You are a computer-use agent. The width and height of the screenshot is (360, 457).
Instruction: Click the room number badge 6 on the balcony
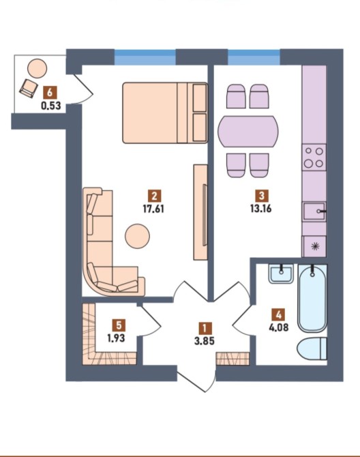pyautogui.click(x=50, y=93)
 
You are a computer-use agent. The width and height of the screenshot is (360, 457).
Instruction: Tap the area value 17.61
pyautogui.click(x=153, y=209)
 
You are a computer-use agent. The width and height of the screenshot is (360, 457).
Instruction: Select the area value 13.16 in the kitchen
pyautogui.click(x=261, y=209)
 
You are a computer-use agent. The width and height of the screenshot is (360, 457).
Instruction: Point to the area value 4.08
pyautogui.click(x=279, y=327)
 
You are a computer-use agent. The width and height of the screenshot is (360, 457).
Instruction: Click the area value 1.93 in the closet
pyautogui.click(x=116, y=338)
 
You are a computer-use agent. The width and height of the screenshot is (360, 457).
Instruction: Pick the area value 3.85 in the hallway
pyautogui.click(x=205, y=341)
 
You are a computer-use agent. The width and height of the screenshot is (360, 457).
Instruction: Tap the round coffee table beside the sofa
pyautogui.click(x=137, y=236)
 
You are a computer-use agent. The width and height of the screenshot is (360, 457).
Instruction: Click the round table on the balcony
pyautogui.click(x=37, y=68)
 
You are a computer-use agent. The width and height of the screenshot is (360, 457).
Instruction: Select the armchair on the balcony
pyautogui.click(x=29, y=88)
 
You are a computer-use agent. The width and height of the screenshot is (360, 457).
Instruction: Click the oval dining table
pyautogui.click(x=248, y=132)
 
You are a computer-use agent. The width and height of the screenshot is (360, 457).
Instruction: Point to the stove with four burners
pyautogui.click(x=314, y=158)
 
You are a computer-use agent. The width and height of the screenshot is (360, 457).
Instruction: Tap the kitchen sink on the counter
pyautogui.click(x=314, y=211)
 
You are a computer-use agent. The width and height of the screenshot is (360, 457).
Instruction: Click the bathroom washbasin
pyautogui.click(x=281, y=274)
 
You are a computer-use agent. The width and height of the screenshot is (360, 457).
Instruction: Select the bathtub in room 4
pyautogui.click(x=312, y=299)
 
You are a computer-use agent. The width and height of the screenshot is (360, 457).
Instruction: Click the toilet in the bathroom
pyautogui.click(x=312, y=349)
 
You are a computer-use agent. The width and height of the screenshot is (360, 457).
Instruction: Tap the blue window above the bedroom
pyautogui.click(x=145, y=57)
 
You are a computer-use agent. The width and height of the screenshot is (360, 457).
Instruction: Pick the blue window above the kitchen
pyautogui.click(x=254, y=57)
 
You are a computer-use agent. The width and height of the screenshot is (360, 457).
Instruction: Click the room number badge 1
pyautogui.click(x=205, y=329)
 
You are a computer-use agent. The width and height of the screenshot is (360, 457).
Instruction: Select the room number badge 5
pyautogui.click(x=119, y=325)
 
